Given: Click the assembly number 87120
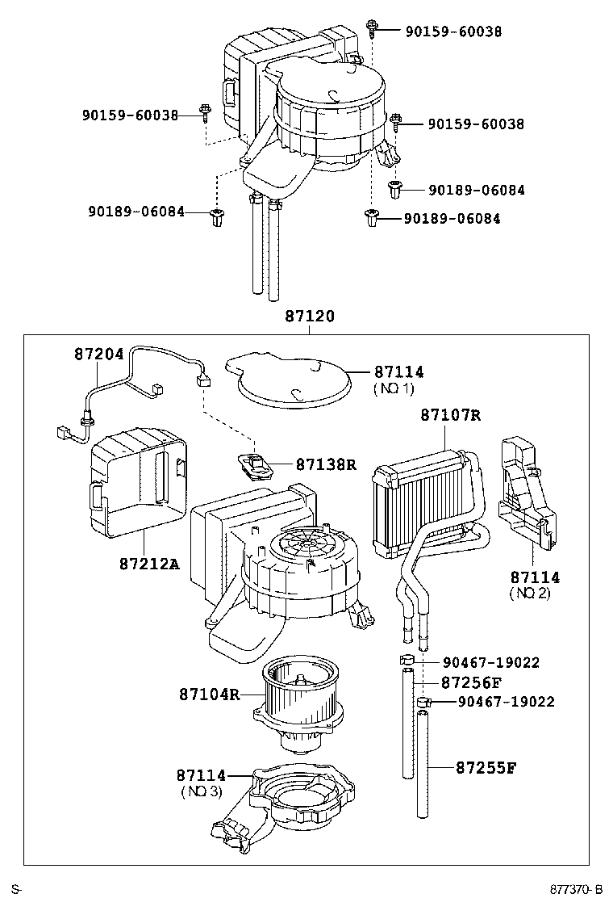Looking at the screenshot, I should click(309, 317).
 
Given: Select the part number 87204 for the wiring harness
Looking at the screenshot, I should click(99, 354).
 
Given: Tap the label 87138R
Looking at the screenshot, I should click(326, 464).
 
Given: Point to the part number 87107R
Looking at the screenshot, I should click(450, 415).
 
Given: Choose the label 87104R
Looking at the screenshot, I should click(209, 694).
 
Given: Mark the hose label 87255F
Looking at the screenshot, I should click(486, 766).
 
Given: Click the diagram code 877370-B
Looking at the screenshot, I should click(576, 889).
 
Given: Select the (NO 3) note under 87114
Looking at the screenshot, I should click(201, 791).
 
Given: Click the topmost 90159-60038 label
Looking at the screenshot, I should click(453, 31).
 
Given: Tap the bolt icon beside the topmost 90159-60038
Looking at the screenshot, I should click(373, 29).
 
